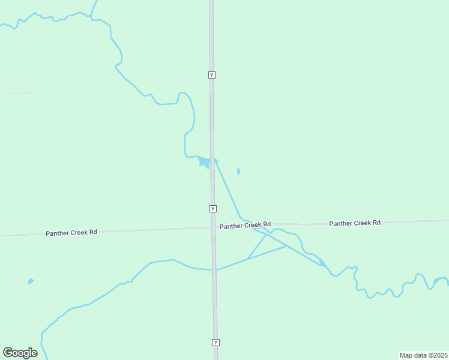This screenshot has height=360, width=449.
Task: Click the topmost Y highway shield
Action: click(x=211, y=75)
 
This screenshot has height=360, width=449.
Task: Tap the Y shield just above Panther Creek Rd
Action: click(x=213, y=208)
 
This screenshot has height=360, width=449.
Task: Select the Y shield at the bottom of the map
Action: click(x=215, y=343)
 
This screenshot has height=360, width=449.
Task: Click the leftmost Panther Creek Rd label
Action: click(x=71, y=232)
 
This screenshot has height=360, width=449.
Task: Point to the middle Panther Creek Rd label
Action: click(x=245, y=226)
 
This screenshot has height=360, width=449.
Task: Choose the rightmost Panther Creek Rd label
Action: click(x=355, y=223)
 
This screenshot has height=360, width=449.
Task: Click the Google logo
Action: click(x=20, y=353)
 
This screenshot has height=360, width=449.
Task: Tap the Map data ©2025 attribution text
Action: click(x=424, y=355)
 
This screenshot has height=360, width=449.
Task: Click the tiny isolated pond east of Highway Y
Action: click(x=239, y=172)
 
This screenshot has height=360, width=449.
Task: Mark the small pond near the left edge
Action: click(x=30, y=281)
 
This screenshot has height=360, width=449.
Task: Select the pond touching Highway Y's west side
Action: click(x=205, y=162)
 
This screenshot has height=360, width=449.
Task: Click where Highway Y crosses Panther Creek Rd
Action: click(x=213, y=227)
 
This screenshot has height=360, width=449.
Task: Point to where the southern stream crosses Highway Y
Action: click(x=214, y=270)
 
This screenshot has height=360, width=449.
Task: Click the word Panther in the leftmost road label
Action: click(x=58, y=232)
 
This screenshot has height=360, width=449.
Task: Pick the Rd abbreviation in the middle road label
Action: click(x=267, y=225)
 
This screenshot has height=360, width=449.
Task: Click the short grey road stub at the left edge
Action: click(x=15, y=94)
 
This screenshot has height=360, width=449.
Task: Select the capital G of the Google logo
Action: click(x=8, y=353)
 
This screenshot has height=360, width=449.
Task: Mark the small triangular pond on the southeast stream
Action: click(x=322, y=262)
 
